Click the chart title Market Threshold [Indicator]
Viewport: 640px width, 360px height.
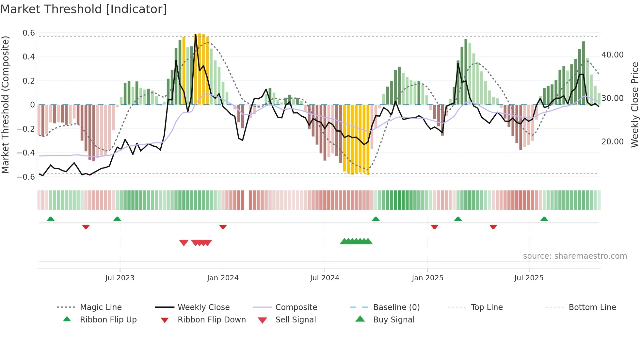[84, 9]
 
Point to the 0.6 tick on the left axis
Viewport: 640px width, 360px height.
[29, 33]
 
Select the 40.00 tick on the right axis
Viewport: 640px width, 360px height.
[612, 55]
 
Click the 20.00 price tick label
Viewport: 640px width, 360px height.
[612, 142]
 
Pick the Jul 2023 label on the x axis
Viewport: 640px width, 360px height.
[120, 278]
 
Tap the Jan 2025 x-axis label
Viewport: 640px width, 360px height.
[427, 278]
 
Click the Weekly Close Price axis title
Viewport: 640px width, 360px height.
[634, 105]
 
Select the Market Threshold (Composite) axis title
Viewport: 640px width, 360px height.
[5, 105]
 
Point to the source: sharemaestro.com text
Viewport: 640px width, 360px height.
[575, 256]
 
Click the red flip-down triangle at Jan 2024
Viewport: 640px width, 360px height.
[223, 227]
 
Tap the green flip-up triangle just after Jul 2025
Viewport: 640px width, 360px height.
[544, 219]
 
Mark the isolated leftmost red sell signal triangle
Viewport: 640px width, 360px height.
[184, 243]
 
